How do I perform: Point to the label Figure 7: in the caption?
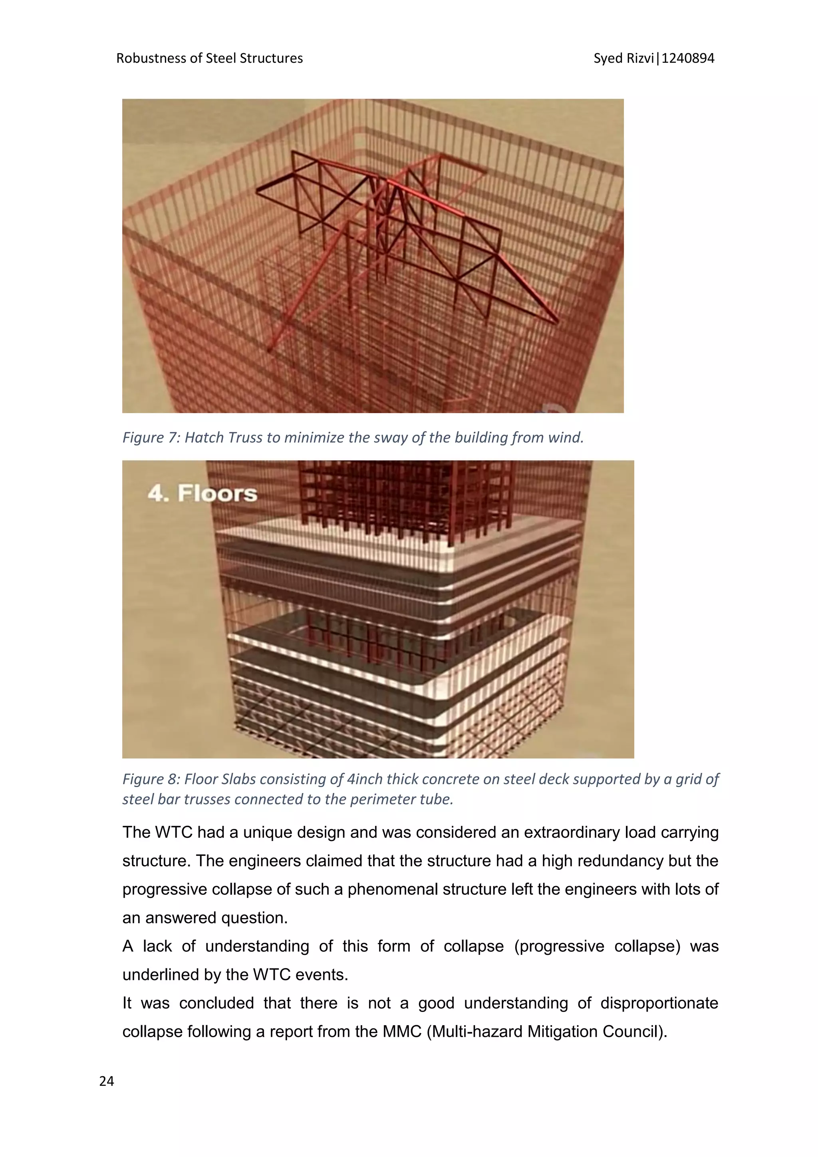151,437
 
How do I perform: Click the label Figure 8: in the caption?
151,779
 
